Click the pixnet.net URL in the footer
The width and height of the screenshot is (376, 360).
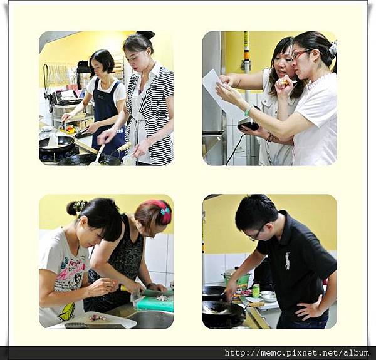click(296, 353)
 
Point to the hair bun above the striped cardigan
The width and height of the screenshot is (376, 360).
click(146, 34)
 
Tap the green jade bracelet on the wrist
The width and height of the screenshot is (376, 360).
click(248, 111)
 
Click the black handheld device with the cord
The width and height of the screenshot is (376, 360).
click(248, 126)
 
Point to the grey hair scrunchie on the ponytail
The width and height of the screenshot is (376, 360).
click(333, 48)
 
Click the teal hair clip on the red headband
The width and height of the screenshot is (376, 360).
click(165, 211)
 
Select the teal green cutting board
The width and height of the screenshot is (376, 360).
click(155, 303)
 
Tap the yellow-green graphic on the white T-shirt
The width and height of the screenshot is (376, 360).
click(66, 312)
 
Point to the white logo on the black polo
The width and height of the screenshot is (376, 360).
click(288, 260)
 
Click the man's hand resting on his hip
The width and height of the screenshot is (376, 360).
click(308, 309)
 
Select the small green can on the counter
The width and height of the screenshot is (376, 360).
click(256, 291)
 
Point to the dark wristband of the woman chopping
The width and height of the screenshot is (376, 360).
click(151, 285)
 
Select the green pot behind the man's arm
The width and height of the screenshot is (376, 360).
click(236, 277)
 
